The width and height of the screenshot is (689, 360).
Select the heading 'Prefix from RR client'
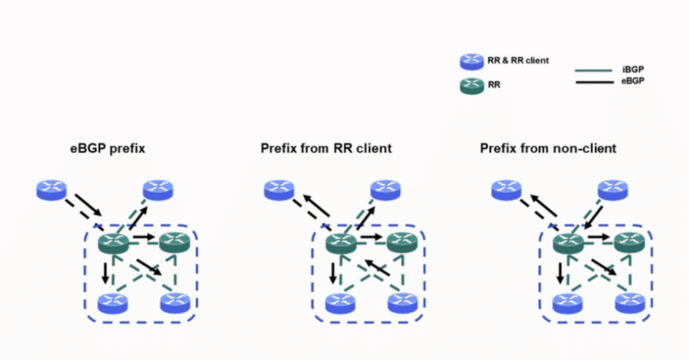tap(326, 148)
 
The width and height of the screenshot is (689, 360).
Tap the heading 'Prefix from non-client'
tap(548, 148)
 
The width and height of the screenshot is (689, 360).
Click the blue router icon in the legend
tap(471, 61)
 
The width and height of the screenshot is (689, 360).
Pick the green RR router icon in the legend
tap(471, 85)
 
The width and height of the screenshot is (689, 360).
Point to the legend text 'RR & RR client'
tap(518, 61)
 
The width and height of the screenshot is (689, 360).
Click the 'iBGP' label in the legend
tap(631, 69)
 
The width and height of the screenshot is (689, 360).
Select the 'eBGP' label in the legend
tap(631, 82)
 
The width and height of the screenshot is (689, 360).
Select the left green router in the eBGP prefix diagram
tap(113, 242)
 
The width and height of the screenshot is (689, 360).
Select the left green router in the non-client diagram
tap(568, 242)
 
